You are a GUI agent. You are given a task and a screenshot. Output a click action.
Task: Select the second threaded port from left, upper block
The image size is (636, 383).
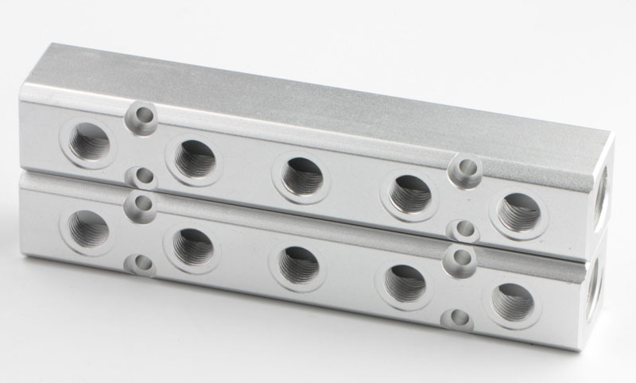(x=194, y=159)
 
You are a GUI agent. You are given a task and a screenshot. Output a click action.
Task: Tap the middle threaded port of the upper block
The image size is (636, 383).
(x=301, y=176)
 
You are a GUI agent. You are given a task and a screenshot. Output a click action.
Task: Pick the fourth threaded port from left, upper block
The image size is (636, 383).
(x=410, y=192)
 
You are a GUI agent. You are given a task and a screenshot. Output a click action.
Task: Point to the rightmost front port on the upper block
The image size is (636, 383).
(x=519, y=212)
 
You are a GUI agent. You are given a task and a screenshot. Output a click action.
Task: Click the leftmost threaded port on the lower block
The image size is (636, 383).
(x=87, y=230)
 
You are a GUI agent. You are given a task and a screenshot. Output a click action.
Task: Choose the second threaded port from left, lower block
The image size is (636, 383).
(x=192, y=246)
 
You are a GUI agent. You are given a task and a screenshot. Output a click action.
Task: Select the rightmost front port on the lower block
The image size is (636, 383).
(x=513, y=300)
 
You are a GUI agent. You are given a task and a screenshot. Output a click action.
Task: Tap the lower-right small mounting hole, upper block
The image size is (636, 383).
(x=462, y=230)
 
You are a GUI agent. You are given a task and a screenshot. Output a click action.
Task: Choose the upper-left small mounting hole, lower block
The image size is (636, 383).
(x=142, y=203)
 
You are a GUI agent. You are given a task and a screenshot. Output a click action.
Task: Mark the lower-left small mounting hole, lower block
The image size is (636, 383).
(x=142, y=264)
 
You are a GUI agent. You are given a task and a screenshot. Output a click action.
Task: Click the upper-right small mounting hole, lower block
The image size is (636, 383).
(x=461, y=257)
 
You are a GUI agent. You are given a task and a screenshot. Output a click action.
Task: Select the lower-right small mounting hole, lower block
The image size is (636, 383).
(x=459, y=320)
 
